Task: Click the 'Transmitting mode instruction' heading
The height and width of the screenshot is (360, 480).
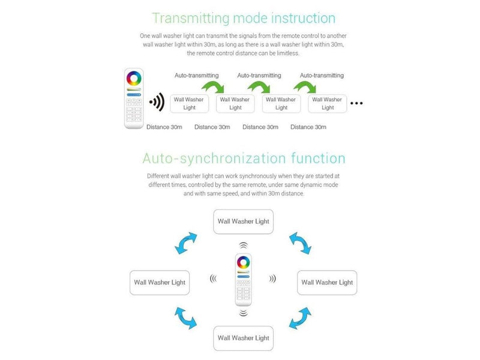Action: coord(244,18)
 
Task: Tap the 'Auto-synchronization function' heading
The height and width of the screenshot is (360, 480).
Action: coord(244,158)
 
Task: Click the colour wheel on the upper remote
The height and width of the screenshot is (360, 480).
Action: coord(134,79)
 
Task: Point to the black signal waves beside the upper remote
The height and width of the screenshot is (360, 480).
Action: coord(157,102)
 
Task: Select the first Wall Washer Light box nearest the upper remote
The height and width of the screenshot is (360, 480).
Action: coord(189,104)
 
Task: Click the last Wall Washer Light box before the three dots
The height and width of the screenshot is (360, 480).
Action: coord(327,104)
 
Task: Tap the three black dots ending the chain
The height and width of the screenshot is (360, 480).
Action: coord(356,103)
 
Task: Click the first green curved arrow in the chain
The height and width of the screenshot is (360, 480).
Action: coord(213,86)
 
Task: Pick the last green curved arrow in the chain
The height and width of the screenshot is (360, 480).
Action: coord(305,86)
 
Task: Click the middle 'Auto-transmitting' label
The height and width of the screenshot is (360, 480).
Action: coord(259,76)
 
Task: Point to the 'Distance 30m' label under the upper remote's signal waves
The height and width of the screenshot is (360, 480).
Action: coord(164,127)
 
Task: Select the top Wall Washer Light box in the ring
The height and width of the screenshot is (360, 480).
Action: coord(244,221)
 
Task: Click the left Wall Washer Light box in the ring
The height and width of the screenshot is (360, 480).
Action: coord(160,283)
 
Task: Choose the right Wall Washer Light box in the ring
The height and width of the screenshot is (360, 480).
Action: coord(327,283)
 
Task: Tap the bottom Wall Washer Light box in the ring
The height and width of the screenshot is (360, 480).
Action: coord(244,338)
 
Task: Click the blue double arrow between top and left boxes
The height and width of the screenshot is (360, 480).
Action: coord(185,243)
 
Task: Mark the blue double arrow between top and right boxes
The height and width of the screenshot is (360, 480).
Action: coord(301,243)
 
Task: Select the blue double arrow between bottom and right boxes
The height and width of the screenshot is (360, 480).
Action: coord(301,319)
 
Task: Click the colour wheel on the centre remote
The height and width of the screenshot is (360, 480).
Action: coord(244,262)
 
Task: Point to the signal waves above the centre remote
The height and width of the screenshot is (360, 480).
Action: coord(244,245)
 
